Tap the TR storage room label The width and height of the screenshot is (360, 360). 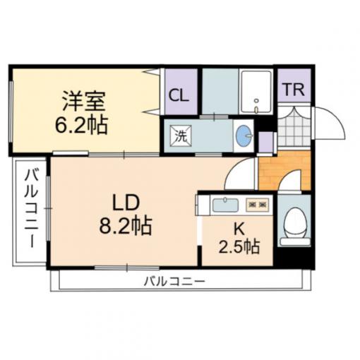pyautogui.click(x=294, y=90)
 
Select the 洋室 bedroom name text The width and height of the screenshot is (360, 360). pyautogui.click(x=83, y=101)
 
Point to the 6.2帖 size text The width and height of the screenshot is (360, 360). pyautogui.click(x=81, y=125)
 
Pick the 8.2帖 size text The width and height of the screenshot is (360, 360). pyautogui.click(x=126, y=226)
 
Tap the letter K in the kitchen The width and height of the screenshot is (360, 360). pyautogui.click(x=239, y=229)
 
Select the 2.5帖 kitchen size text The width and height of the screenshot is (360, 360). pyautogui.click(x=239, y=247)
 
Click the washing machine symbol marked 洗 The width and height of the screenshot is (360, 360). pyautogui.click(x=181, y=136)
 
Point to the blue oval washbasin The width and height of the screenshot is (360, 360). pyautogui.click(x=244, y=136)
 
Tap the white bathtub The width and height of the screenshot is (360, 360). pyautogui.click(x=256, y=92)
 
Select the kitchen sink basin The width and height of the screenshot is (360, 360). pyautogui.click(x=225, y=205)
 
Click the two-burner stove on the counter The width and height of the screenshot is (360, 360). pyautogui.click(x=258, y=205)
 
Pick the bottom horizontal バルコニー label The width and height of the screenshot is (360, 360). pyautogui.click(x=174, y=281)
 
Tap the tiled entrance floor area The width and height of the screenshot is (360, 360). pyautogui.click(x=294, y=126)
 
